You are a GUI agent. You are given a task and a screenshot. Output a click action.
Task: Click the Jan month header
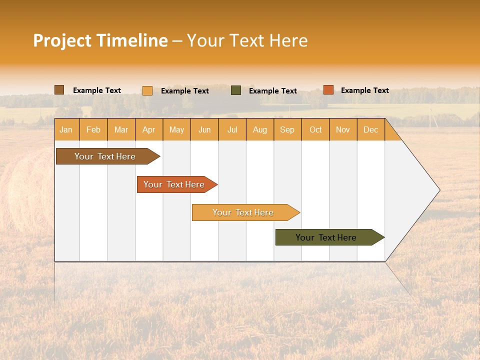[x=66, y=129]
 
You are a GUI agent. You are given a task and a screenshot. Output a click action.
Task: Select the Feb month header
[x=93, y=129]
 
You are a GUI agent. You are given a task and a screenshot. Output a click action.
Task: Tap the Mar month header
[x=121, y=129]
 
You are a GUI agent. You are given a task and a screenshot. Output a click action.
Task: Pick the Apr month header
[x=149, y=129]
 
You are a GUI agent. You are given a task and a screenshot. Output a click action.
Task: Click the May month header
[x=176, y=129]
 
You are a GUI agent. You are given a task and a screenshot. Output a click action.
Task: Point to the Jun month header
[x=204, y=129]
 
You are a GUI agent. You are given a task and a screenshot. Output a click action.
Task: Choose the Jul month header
[x=232, y=129]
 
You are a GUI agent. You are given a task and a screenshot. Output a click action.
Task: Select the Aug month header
[x=260, y=129]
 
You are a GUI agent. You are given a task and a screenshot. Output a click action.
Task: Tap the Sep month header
[x=287, y=129]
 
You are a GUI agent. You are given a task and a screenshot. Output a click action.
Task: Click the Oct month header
[x=315, y=129]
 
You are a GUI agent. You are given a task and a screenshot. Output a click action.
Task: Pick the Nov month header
[x=343, y=129]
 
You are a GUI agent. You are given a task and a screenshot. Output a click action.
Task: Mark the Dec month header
[x=371, y=129]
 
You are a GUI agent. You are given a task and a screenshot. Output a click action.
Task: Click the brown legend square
[x=59, y=90]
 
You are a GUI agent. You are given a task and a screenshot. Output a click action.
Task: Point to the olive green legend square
[x=236, y=90]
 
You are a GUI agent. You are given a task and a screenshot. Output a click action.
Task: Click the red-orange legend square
[x=328, y=90]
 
